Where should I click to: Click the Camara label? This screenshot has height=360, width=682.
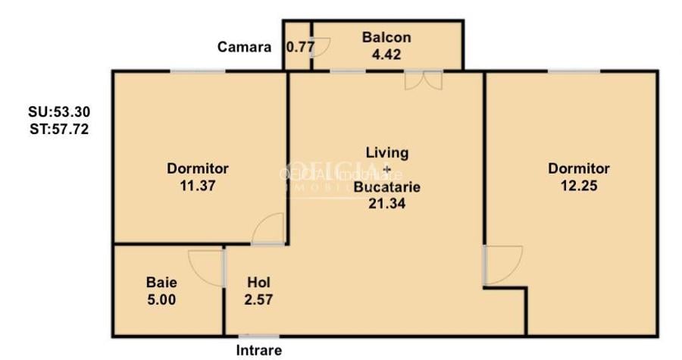(244, 47)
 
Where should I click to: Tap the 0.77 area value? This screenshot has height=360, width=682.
(299, 47)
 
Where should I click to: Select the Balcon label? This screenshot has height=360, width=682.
(386, 37)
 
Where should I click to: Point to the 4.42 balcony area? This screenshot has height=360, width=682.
(386, 54)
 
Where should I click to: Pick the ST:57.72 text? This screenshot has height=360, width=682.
(58, 129)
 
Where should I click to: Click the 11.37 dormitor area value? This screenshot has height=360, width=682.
(198, 185)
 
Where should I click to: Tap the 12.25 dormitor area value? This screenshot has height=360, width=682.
(579, 185)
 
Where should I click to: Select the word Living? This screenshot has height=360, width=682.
(386, 152)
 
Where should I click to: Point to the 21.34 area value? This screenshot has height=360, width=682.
(386, 202)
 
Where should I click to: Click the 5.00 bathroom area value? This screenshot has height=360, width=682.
(161, 299)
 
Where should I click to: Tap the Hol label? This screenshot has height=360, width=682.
(258, 282)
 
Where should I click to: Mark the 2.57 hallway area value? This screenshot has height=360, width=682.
(258, 299)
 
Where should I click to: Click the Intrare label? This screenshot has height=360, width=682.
(258, 350)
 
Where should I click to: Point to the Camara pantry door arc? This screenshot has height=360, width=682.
(321, 49)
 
